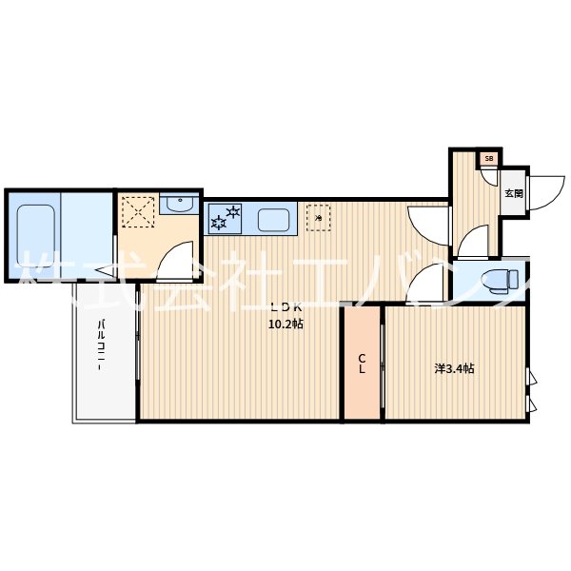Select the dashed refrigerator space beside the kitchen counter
click(x=318, y=218)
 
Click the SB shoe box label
click(x=489, y=159)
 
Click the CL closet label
click(x=363, y=364)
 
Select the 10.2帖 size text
click(x=285, y=324)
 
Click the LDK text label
click(x=285, y=306)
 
